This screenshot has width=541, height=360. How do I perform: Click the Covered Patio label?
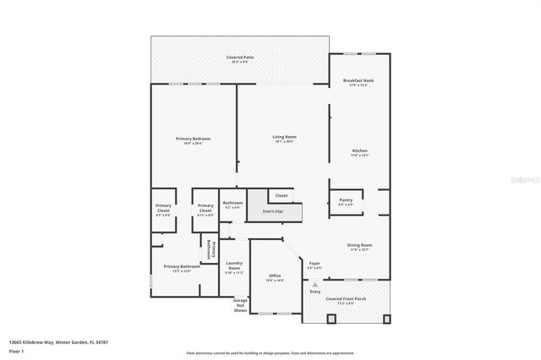(240, 59)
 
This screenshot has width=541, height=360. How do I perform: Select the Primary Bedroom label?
(193, 140)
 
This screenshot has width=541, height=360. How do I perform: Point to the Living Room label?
(284, 139)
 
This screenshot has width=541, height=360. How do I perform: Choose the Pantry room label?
(346, 202)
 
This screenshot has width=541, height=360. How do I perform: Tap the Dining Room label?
(359, 247)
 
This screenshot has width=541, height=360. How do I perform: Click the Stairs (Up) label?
(272, 212)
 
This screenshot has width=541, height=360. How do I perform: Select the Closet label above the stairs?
(281, 195)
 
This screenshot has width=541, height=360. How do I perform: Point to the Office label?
(275, 278)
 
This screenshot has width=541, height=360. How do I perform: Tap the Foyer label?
(314, 265)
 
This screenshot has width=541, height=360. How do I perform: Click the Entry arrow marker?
(314, 286)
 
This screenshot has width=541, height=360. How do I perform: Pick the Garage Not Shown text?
(239, 305)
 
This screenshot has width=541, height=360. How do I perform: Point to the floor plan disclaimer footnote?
(271, 352)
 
